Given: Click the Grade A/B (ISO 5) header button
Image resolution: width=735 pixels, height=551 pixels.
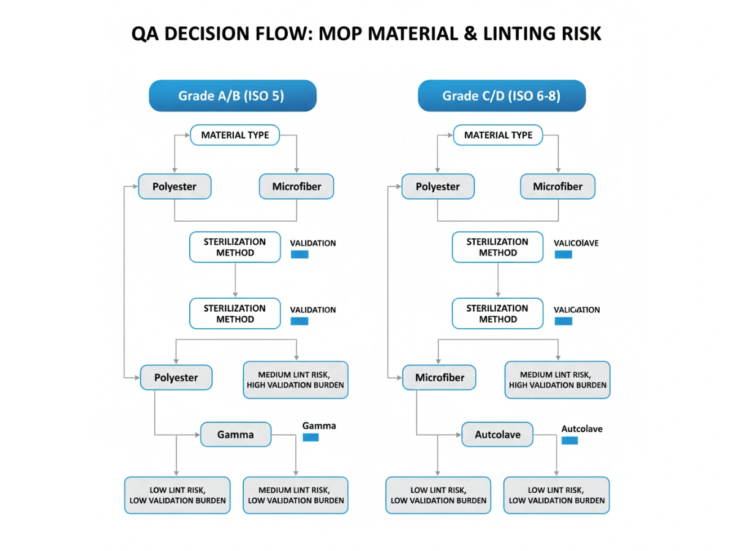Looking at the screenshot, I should [232, 96].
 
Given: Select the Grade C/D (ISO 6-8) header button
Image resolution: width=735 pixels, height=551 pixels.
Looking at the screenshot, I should [501, 96].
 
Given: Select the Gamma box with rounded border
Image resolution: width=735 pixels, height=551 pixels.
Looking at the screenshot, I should [235, 435].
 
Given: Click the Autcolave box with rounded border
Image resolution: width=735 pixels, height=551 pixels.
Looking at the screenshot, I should [497, 435].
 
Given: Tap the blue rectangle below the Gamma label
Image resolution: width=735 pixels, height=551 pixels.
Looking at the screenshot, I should [311, 437].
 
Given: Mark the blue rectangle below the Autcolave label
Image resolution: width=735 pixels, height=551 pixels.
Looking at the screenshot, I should [570, 440].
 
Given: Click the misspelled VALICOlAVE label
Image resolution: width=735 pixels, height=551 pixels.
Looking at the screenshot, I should [576, 243].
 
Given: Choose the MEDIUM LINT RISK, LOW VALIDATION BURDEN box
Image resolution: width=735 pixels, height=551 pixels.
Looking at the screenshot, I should [295, 495].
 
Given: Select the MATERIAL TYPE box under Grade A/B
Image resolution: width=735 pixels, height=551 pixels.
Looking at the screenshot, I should [235, 135].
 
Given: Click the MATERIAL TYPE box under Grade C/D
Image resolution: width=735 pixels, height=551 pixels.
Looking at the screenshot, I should [498, 135].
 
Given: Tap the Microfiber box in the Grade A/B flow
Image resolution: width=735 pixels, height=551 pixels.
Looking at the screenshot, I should [296, 187].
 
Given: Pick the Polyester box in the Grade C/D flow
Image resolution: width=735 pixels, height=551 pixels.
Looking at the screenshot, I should [437, 187].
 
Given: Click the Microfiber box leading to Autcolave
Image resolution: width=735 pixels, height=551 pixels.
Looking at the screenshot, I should [439, 378].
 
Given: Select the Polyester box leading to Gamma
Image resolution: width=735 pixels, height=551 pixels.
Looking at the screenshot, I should [176, 378].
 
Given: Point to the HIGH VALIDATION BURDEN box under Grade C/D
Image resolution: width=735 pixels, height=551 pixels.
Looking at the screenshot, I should [557, 380].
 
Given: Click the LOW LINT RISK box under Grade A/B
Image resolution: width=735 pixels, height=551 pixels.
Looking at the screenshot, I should [178, 495].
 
